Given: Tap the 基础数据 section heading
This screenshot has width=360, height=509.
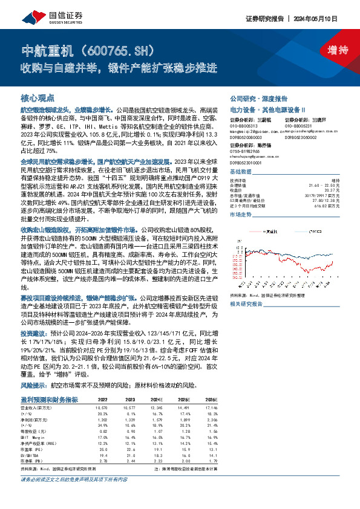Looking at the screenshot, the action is coord(243,172).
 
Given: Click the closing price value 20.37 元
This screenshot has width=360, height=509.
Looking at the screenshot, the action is coord(329,189).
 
